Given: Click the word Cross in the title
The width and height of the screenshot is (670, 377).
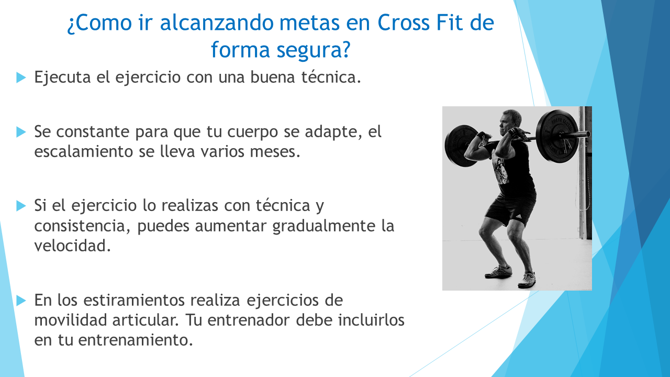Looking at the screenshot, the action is (x=404, y=23).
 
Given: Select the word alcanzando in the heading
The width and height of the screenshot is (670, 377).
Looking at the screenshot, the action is (x=217, y=23).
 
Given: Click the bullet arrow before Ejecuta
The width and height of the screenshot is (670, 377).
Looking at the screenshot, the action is (x=21, y=77).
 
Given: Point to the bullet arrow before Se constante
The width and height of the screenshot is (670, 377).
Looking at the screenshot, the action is (x=21, y=132).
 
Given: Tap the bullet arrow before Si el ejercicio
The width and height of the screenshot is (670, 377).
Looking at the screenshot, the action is (x=21, y=206).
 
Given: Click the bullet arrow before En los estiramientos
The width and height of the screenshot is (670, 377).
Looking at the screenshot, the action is (x=21, y=301).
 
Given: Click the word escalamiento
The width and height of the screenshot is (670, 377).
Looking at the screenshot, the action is (x=83, y=151).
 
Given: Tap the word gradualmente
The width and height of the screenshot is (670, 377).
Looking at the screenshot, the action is (x=323, y=226).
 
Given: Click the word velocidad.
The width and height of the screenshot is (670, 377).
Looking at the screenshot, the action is (x=72, y=246).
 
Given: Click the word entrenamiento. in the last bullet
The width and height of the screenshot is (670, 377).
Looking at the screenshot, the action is (x=136, y=340).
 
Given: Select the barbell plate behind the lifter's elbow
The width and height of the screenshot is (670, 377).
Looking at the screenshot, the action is (x=461, y=146).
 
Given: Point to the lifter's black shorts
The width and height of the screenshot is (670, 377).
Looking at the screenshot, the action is (x=510, y=208).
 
